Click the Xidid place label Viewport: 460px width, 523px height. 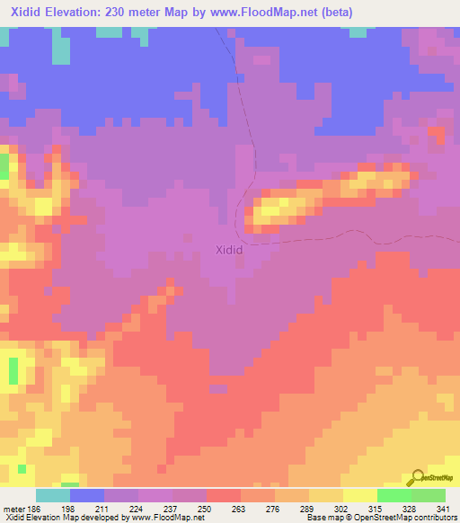click(229, 250)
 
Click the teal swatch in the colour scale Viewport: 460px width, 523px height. click(53, 496)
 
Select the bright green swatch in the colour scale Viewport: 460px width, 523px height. click(394, 496)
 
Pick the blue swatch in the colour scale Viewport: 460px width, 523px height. click(87, 496)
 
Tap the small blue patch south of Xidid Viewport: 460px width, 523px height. click(217, 388)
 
